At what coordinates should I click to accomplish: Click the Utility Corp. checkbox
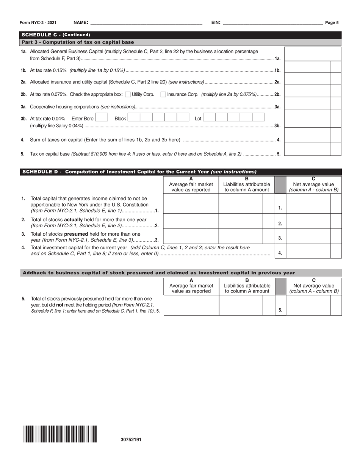tap(127, 94)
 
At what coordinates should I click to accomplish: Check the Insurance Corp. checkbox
tap(163, 94)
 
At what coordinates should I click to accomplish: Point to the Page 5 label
tap(332, 23)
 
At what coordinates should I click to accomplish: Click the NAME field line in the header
tap(146, 23)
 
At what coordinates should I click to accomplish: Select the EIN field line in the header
tap(273, 23)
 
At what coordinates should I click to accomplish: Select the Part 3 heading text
tap(78, 42)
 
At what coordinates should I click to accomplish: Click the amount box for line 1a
tap(312, 54)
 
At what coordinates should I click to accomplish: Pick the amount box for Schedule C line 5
tap(307, 149)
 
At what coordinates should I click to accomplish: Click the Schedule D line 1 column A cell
tap(185, 203)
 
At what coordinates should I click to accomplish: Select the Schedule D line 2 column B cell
tap(241, 221)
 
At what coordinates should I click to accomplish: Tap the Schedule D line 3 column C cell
tap(308, 236)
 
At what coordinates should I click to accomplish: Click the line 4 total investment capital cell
tap(308, 251)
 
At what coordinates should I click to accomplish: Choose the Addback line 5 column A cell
tap(185, 305)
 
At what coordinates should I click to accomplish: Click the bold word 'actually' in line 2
tap(74, 219)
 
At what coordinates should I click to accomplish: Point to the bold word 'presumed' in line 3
tap(76, 234)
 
